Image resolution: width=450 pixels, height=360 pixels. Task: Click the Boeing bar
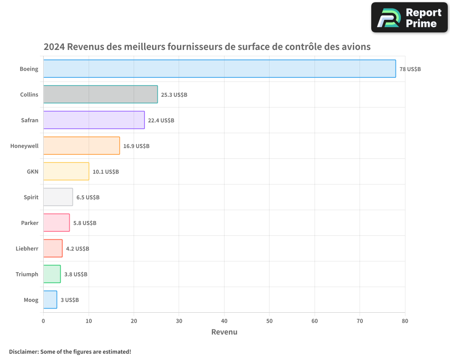(x=220, y=69)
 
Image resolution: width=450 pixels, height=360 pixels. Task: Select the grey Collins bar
(x=100, y=94)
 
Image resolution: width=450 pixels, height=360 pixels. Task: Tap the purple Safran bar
(x=94, y=120)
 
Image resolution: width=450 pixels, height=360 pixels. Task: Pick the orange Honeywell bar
(x=81, y=146)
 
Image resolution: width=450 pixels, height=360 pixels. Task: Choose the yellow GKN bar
(x=66, y=171)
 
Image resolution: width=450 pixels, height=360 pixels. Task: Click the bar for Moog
(x=50, y=300)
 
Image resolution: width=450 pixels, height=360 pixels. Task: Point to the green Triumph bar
(x=52, y=274)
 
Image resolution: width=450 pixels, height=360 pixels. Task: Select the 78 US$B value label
(x=410, y=69)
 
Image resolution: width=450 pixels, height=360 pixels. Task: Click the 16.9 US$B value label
(x=136, y=146)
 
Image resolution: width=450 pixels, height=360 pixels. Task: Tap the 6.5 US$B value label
(x=88, y=198)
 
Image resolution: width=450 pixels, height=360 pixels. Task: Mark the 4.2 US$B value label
(x=77, y=249)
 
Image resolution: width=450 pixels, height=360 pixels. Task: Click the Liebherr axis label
(x=27, y=248)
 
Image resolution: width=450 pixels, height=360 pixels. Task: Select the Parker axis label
(x=30, y=223)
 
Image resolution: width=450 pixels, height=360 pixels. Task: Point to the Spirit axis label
(x=31, y=197)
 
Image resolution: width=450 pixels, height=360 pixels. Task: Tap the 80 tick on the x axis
(x=405, y=321)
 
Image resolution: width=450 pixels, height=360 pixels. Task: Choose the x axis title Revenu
(x=224, y=332)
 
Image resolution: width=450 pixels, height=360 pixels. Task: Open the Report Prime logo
(x=409, y=18)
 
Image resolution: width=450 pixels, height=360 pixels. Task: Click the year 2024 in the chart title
(x=54, y=47)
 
